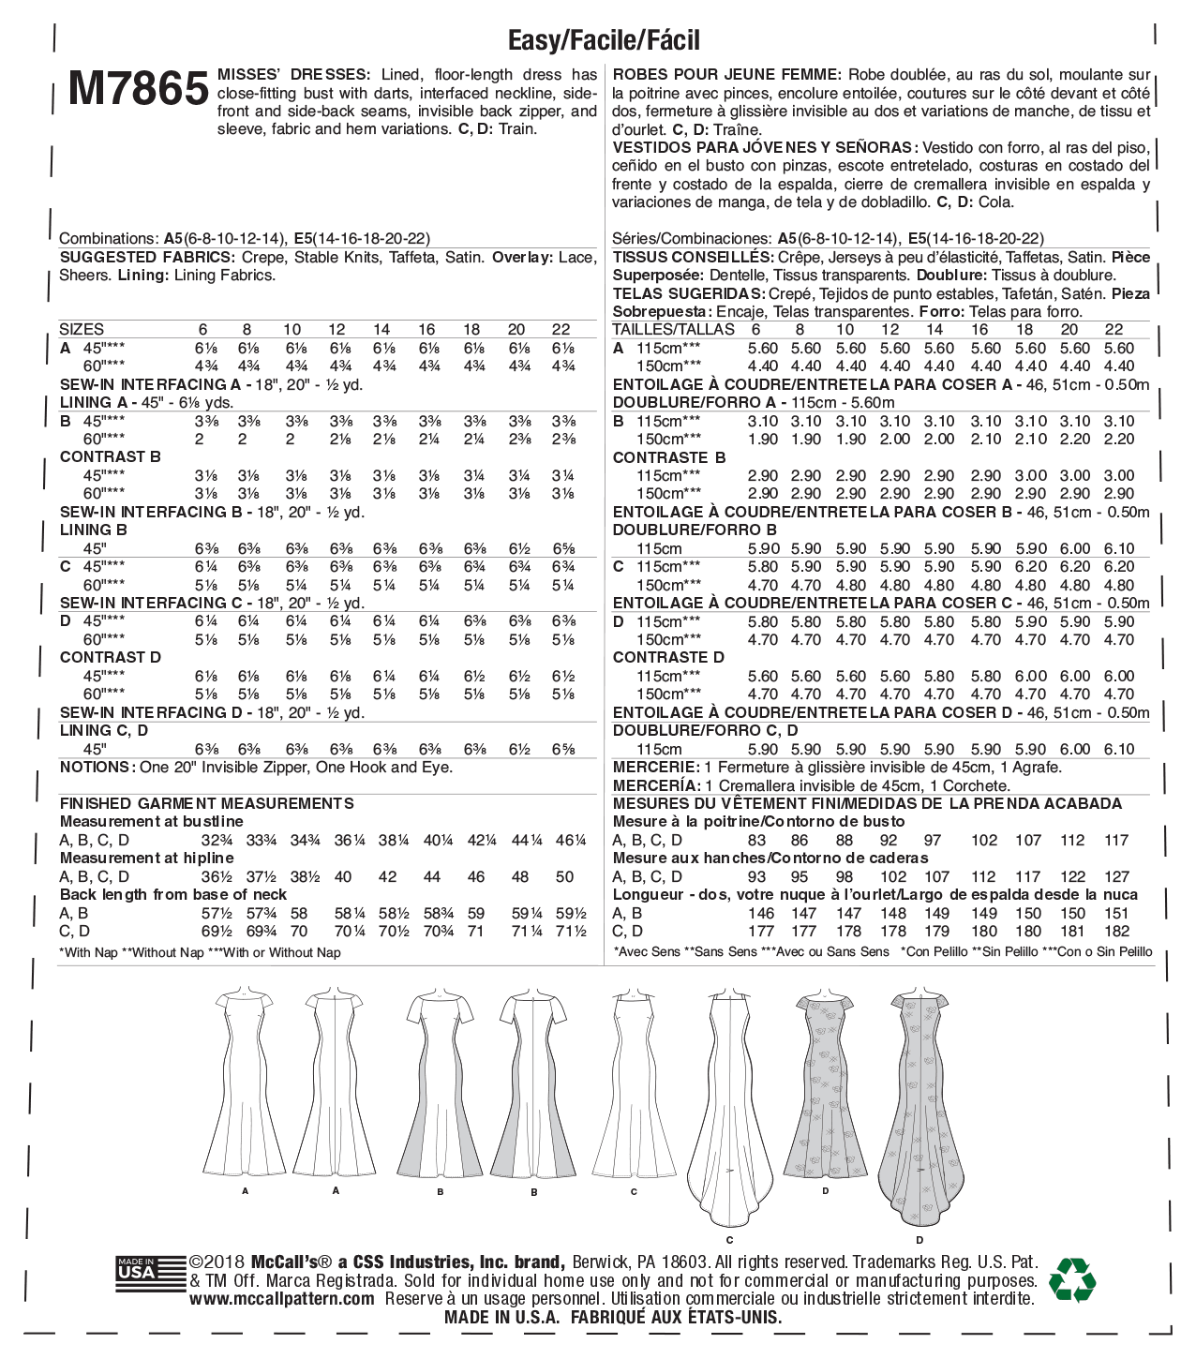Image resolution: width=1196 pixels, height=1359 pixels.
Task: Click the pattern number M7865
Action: tap(138, 89)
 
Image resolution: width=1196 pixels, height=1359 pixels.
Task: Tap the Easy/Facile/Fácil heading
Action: tap(604, 40)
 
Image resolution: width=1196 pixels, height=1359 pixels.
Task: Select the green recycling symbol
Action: tap(1072, 1279)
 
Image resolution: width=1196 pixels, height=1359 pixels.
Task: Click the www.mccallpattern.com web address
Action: tap(282, 1299)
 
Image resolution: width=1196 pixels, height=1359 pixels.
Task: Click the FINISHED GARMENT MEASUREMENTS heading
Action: tap(207, 803)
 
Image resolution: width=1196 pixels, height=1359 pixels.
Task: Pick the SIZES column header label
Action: tap(82, 330)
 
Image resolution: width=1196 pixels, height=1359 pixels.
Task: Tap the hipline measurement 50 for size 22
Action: tap(564, 877)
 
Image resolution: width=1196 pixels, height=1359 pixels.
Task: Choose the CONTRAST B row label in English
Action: tap(111, 457)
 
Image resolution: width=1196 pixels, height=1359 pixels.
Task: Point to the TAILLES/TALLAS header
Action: tap(673, 330)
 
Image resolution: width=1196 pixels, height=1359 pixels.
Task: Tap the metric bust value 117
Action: tap(1116, 841)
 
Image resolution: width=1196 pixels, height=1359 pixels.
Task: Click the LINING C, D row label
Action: tap(104, 731)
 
